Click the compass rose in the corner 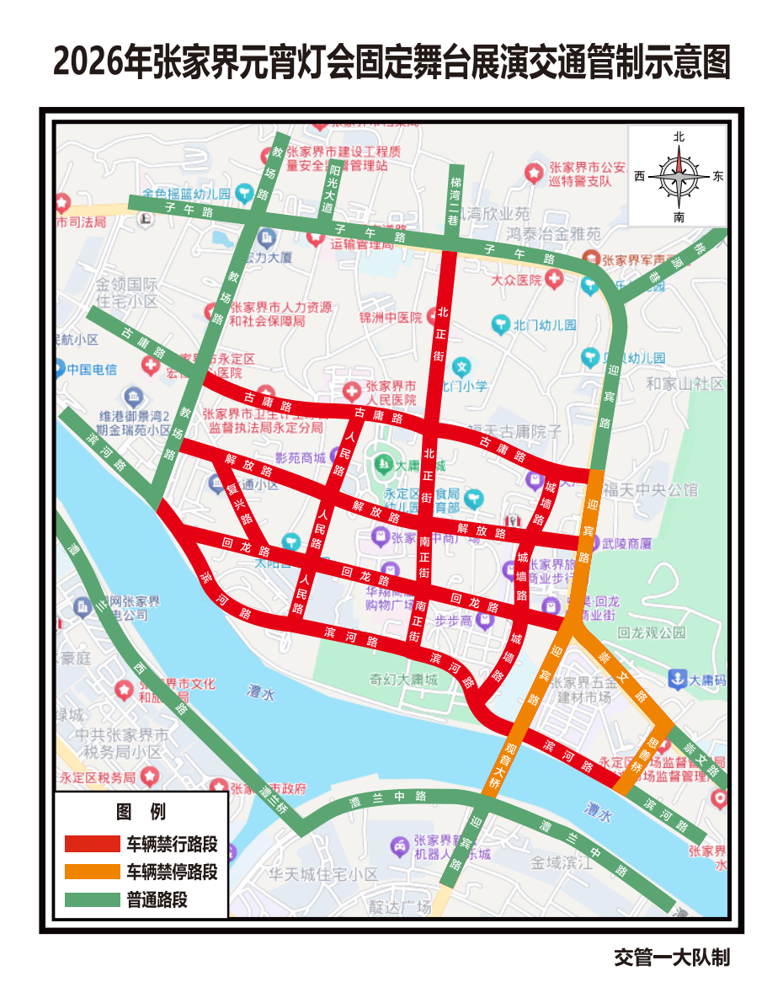coord(679,176)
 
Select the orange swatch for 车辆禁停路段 coord(93,872)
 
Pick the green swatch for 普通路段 coord(93,899)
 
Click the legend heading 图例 coord(141,812)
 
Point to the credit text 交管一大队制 coord(671,958)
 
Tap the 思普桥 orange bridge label coord(642,753)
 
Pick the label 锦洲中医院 coord(390,317)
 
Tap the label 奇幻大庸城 coord(404,680)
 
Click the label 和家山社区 coord(684,384)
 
